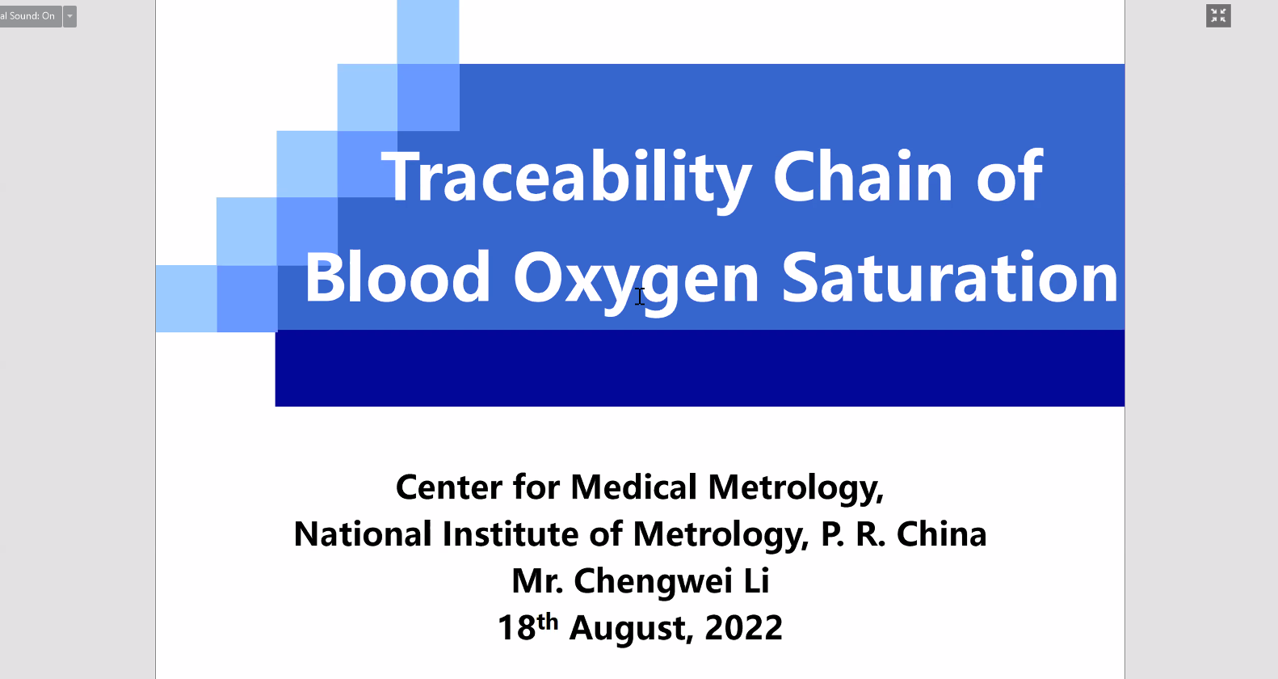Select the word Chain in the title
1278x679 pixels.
(x=863, y=175)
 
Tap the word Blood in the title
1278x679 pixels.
(x=397, y=276)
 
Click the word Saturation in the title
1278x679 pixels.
(x=949, y=276)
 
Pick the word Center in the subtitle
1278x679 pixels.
(x=449, y=487)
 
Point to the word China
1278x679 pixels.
(x=941, y=534)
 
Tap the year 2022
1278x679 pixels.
(x=743, y=627)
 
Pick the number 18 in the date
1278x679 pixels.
(x=516, y=627)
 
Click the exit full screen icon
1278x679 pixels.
(x=1218, y=15)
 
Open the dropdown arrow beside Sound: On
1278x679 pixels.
(x=69, y=16)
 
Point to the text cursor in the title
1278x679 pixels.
(x=640, y=296)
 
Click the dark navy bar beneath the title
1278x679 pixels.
(x=700, y=368)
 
